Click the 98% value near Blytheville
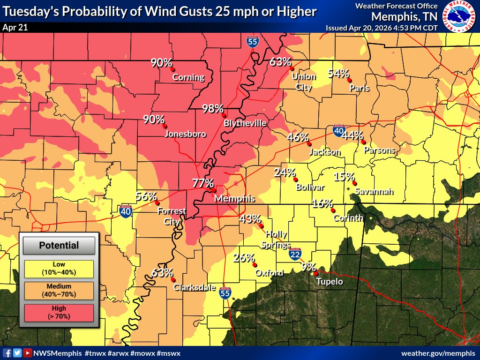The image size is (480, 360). tap(212, 109)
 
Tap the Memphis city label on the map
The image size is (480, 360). tap(234, 199)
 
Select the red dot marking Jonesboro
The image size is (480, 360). tap(165, 126)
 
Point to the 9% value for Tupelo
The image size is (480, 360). tap(308, 267)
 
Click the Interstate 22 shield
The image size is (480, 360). tap(295, 255)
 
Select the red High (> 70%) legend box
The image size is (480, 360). tap(59, 313)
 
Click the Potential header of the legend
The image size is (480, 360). tap(59, 245)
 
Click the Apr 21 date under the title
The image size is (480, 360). tap(15, 27)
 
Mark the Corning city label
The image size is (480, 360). tap(188, 77)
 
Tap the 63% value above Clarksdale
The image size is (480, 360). tap(162, 273)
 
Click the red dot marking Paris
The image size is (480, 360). tap(350, 80)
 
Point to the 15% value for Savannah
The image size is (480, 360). tap(344, 177)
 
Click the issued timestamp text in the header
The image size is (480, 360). tap(382, 28)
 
